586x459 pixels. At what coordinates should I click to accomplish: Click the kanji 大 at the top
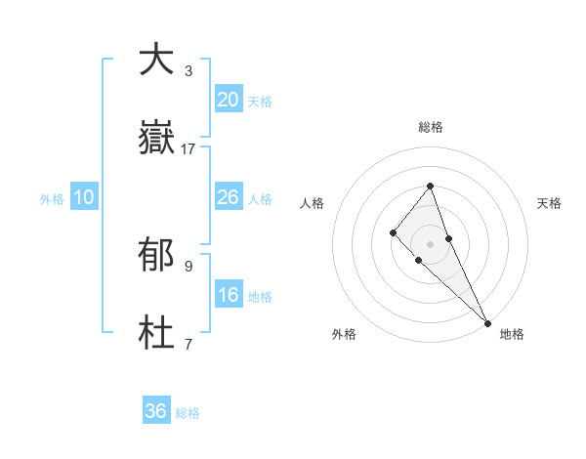tap(156, 60)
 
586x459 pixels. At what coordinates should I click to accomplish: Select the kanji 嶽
tap(156, 140)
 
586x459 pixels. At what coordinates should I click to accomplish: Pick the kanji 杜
tap(156, 334)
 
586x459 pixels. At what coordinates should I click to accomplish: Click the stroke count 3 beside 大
tap(188, 70)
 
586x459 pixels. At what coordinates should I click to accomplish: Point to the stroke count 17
tap(188, 149)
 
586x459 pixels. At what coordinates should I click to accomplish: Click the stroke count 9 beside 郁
tap(188, 266)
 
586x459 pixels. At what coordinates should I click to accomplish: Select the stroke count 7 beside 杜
tap(188, 344)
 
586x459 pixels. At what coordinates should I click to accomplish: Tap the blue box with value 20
tap(229, 99)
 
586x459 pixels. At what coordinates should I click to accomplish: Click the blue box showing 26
tap(229, 197)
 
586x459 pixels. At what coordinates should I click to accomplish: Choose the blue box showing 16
tap(229, 295)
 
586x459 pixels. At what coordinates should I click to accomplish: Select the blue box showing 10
tap(84, 197)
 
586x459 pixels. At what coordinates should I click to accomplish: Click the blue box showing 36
tap(156, 411)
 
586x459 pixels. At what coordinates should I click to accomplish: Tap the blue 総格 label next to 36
tap(188, 413)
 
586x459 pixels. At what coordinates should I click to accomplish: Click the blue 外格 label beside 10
tap(52, 199)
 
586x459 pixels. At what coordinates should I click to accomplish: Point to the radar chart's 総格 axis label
tap(431, 127)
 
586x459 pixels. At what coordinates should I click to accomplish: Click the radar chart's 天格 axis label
tap(549, 203)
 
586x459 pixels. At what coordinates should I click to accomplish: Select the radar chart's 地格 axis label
tap(512, 334)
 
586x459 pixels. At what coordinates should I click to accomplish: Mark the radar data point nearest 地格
tap(487, 322)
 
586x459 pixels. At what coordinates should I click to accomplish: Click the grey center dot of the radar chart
tap(430, 243)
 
